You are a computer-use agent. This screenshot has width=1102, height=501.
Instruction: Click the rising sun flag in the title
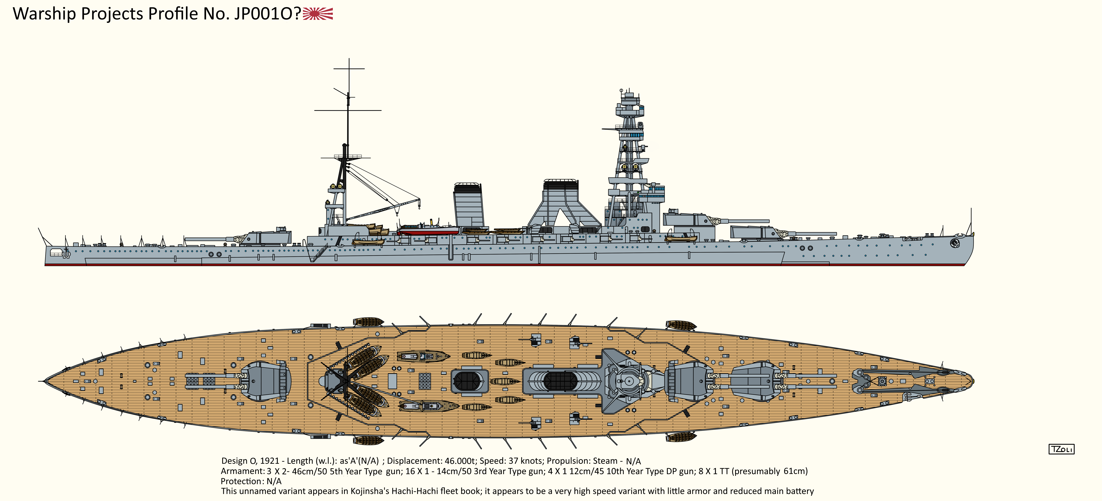[x=317, y=14]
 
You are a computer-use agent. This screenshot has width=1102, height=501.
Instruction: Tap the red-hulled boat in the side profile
[x=428, y=231]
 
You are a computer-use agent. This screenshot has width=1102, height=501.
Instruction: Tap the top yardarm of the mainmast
[x=349, y=69]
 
